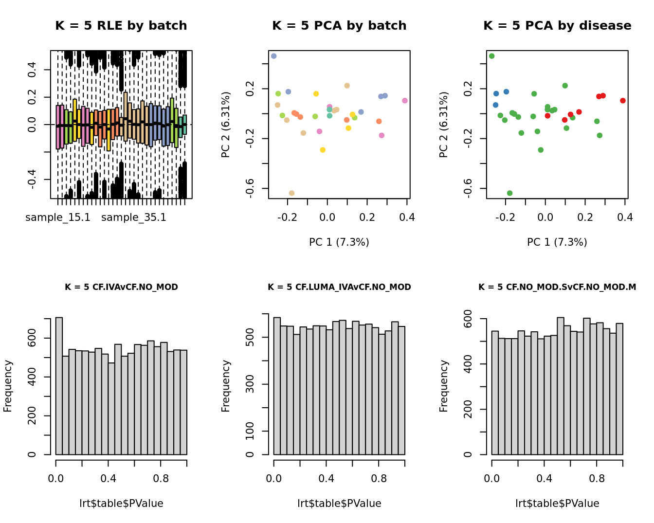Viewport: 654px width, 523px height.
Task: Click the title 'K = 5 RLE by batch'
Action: (121, 26)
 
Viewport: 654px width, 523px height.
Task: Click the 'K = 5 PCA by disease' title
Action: (557, 26)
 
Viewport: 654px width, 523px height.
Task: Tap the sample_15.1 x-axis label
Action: (58, 217)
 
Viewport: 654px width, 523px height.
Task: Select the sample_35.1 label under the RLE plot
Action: (134, 217)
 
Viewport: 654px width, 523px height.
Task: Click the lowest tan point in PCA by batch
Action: (291, 193)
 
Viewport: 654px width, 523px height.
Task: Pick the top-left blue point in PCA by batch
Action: (274, 56)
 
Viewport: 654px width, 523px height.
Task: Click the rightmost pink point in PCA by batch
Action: (405, 101)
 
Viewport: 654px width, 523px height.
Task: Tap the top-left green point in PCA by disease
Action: (492, 56)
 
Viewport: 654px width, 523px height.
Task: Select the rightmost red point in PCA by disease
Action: (623, 101)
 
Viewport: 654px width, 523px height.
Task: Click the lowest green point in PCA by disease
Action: (509, 193)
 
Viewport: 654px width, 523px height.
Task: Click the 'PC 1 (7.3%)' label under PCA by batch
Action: (339, 242)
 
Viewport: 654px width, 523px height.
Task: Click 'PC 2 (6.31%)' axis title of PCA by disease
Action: (444, 125)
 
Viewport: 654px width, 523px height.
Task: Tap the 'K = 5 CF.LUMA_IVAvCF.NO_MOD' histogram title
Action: (339, 287)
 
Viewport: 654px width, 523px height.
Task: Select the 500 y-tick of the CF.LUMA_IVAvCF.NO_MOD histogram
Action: (250, 338)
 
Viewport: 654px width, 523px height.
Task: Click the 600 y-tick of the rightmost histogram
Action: (468, 319)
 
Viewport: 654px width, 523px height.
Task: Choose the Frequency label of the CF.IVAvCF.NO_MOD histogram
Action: (8, 386)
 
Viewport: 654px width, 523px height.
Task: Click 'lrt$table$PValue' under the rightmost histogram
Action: (557, 504)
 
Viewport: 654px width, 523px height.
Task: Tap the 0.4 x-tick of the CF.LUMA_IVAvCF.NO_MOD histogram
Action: (327, 479)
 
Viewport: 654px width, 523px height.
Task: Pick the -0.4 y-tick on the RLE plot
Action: (32, 180)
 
